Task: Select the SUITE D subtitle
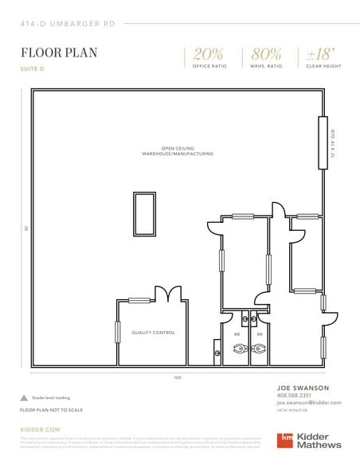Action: (33, 69)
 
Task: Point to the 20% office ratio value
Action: (208, 53)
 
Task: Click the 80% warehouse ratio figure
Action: (266, 53)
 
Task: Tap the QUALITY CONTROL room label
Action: (154, 333)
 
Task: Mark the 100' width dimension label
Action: (176, 376)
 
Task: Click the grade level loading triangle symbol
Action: (24, 396)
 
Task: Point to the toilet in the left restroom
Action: (237, 348)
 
